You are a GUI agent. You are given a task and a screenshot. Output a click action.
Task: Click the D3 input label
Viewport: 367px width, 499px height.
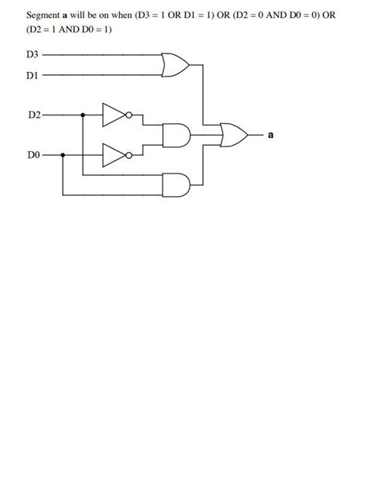click(x=33, y=56)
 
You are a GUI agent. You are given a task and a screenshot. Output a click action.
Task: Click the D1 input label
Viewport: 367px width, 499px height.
click(x=33, y=75)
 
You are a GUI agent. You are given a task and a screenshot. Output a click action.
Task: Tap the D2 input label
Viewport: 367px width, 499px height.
click(x=33, y=115)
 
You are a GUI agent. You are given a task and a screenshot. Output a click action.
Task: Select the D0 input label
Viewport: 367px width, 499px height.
click(x=33, y=156)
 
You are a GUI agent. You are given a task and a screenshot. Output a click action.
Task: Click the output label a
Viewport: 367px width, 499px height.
click(x=271, y=136)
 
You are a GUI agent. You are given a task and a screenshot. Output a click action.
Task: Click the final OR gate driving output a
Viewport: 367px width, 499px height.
click(x=234, y=136)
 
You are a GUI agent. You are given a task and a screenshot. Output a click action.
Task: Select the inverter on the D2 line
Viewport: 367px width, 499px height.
click(x=115, y=115)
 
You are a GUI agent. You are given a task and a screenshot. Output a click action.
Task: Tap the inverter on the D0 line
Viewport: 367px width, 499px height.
click(x=115, y=156)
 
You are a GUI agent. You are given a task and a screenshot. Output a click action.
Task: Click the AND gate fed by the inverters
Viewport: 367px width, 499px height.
click(x=176, y=136)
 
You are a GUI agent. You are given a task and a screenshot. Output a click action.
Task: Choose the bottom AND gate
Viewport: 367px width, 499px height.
click(x=176, y=184)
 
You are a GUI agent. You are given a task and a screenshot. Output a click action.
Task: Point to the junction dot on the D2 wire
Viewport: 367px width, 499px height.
click(x=83, y=115)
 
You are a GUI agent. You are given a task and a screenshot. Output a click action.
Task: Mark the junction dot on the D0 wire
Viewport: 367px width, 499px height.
click(x=63, y=156)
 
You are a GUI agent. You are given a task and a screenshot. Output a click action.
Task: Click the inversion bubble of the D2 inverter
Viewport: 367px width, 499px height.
click(x=130, y=115)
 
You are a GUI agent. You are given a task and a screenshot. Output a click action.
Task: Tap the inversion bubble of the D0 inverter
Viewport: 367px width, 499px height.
click(x=130, y=156)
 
